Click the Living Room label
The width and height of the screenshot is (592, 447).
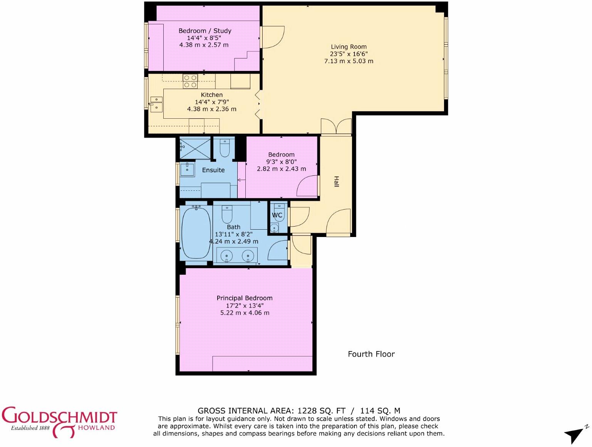coord(349,47)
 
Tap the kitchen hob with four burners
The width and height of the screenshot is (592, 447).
coord(190,81)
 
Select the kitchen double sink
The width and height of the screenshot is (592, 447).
coord(156,104)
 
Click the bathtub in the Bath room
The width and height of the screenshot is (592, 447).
coord(196,233)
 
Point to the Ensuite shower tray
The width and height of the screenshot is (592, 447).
coord(195,148)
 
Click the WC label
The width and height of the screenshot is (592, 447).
coord(277,215)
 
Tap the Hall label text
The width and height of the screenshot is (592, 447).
coord(336,181)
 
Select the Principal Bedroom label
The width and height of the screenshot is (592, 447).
coord(245,298)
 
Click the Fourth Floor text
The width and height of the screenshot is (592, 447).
coord(371,354)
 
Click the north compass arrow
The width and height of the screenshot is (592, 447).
coord(575,435)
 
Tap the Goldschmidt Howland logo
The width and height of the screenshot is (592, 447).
coord(59,422)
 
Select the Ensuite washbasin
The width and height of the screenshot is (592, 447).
coord(188,169)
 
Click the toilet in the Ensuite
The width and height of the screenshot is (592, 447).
coord(225,148)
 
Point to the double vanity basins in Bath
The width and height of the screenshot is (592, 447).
coord(237,255)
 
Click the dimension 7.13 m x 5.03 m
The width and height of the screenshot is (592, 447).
coord(349,61)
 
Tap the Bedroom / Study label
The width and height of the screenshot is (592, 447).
coord(205,31)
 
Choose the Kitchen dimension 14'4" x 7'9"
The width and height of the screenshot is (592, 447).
coord(212,102)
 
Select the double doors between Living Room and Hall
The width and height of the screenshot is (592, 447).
coord(336,127)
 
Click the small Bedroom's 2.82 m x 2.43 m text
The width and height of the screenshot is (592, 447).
coord(282,169)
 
